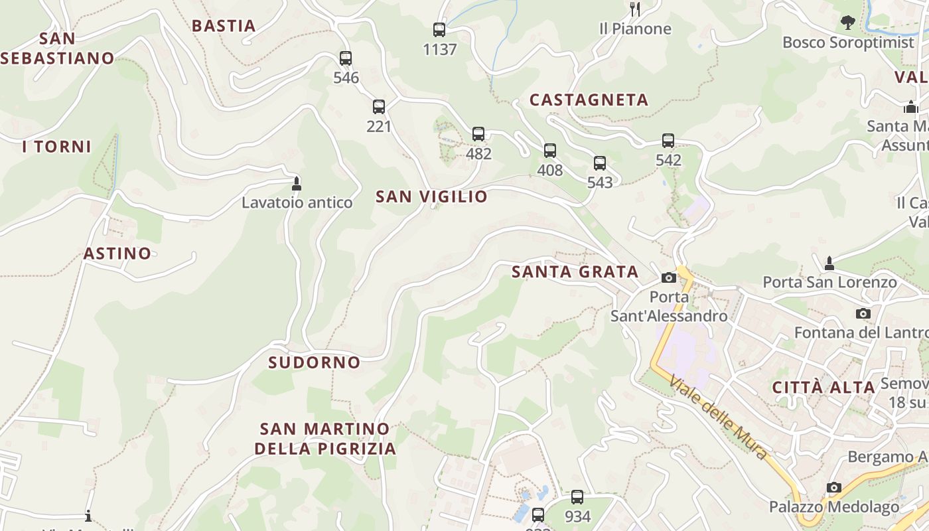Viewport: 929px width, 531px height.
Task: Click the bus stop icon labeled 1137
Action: (x=439, y=30)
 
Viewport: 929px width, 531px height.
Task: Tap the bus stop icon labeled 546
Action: (x=346, y=58)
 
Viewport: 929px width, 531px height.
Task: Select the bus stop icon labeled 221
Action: (x=379, y=107)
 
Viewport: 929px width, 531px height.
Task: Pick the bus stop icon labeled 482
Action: (x=478, y=134)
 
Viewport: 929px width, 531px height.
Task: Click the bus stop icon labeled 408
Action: (x=550, y=151)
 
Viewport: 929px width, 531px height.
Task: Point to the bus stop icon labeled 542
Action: (x=668, y=141)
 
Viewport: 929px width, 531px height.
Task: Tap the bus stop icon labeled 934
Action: (x=577, y=497)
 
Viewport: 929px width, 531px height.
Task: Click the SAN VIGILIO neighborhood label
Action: (x=431, y=196)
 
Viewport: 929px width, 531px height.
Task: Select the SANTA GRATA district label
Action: (x=575, y=272)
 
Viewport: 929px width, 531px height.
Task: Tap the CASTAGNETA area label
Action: (x=589, y=100)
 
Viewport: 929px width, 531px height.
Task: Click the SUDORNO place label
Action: (x=315, y=362)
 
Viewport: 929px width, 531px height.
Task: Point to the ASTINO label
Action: (x=117, y=254)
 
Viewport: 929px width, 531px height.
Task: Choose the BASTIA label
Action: (x=224, y=26)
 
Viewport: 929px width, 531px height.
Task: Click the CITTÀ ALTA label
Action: (x=823, y=388)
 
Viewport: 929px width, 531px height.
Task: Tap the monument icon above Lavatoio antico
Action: (x=297, y=184)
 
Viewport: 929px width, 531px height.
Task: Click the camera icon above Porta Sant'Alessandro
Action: (x=669, y=278)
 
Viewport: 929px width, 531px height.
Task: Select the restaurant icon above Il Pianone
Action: (x=635, y=9)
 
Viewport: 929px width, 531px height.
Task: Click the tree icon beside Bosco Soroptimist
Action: (x=847, y=23)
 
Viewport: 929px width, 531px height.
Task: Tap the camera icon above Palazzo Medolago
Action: (x=834, y=488)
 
